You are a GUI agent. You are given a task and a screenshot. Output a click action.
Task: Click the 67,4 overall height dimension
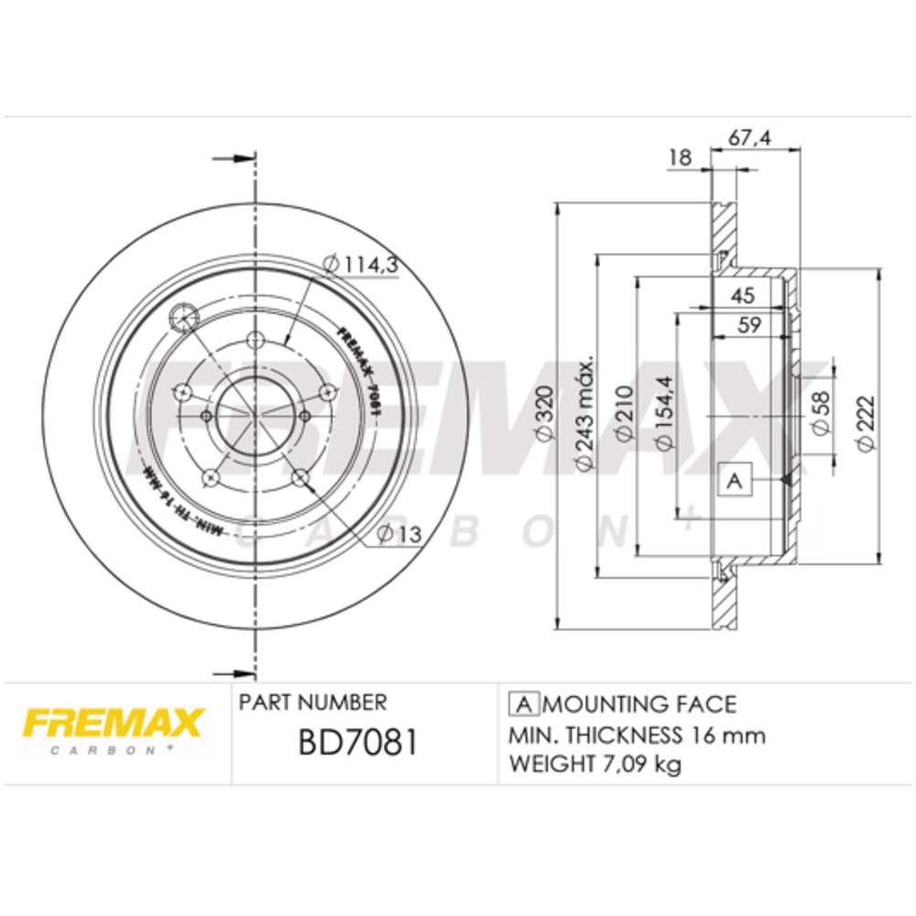coord(748,137)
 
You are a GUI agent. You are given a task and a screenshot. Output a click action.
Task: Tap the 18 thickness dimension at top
coord(680,157)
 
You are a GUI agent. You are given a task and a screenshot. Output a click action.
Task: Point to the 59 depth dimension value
coord(750,323)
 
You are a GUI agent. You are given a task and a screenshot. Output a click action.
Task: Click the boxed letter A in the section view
coord(735,480)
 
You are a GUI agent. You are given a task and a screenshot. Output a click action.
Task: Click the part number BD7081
coord(358,743)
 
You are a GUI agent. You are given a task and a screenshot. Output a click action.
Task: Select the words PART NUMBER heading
coord(312,703)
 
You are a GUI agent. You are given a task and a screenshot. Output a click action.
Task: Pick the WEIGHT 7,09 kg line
coord(594,764)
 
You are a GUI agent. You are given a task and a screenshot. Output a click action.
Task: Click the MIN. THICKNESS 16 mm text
coord(637,735)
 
